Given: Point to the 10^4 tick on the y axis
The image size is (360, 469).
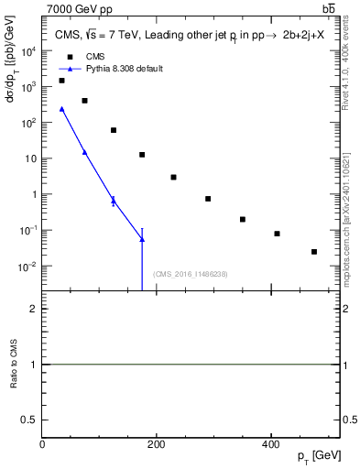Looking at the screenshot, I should coord(31,51).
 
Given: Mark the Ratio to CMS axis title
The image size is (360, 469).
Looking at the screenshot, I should coord(14,365).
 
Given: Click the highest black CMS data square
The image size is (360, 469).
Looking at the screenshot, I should coord(61,81).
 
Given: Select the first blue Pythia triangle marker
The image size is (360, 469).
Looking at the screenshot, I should coord(61,109).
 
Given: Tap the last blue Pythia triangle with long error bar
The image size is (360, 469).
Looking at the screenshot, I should coord(142,239).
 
